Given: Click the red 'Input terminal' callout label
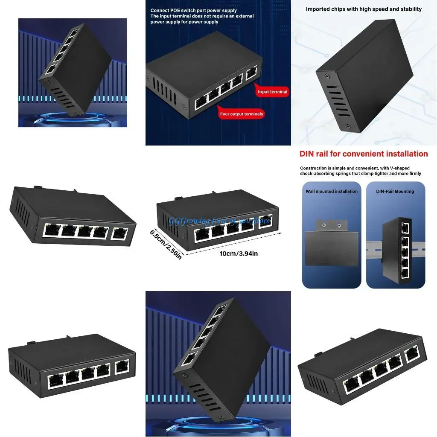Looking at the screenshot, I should coord(272,92).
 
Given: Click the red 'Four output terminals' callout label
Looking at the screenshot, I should coord(241,114).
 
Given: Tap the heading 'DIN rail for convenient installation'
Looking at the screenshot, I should coord(364,154).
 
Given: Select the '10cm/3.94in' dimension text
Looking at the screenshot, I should coord(239,253).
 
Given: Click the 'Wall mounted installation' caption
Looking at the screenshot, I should coord(332,191).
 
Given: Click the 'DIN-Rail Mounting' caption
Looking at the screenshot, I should coord(395,191).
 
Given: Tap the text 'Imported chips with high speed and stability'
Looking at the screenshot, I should coord(364,9).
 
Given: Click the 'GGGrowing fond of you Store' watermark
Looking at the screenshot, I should coord(219,221).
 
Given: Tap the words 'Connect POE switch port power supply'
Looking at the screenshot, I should coord(193,11).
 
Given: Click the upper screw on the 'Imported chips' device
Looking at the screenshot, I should coord(327,76).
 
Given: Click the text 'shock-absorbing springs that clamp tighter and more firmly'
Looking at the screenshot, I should coord(361,174).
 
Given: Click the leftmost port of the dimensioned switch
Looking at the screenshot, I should coord(202,233).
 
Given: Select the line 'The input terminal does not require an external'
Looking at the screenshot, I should coord(202,16).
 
